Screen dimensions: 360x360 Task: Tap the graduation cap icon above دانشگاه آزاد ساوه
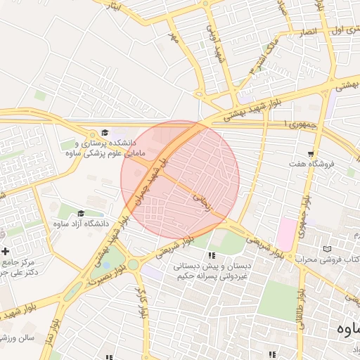[x=80, y=214]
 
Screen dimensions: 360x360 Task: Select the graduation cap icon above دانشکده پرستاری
[x=105, y=133]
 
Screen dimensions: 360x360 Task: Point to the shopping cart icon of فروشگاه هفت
[x=310, y=154]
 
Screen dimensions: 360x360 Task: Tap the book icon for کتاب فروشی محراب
[x=326, y=249]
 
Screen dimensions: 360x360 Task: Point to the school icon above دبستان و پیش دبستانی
[x=212, y=255]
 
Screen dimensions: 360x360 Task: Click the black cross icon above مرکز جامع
[x=6, y=251]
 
